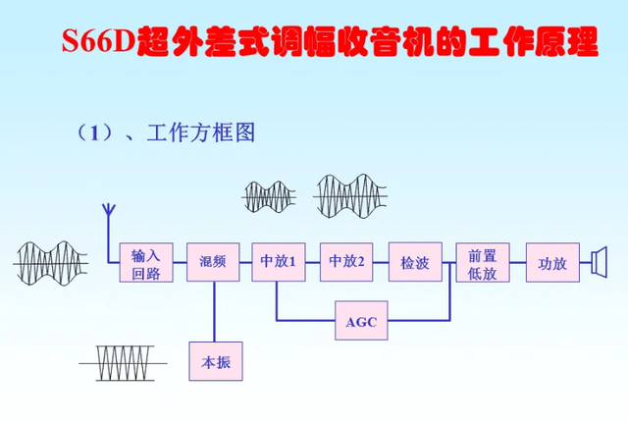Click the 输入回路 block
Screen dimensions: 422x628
pyautogui.click(x=152, y=263)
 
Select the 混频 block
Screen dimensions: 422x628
pyautogui.click(x=213, y=263)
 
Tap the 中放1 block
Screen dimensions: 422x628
pyautogui.click(x=278, y=263)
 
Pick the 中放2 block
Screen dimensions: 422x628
pyautogui.click(x=346, y=263)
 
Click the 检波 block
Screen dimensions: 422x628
pyautogui.click(x=415, y=263)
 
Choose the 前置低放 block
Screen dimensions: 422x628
pyautogui.click(x=482, y=263)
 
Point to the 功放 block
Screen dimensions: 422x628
pyautogui.click(x=552, y=263)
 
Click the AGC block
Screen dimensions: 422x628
pyautogui.click(x=361, y=320)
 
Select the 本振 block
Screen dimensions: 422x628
pyautogui.click(x=215, y=361)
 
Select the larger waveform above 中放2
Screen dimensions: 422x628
pyautogui.click(x=352, y=194)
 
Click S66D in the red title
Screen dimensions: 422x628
pyautogui.click(x=98, y=44)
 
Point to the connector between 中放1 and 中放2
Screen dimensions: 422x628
pyautogui.click(x=312, y=263)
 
